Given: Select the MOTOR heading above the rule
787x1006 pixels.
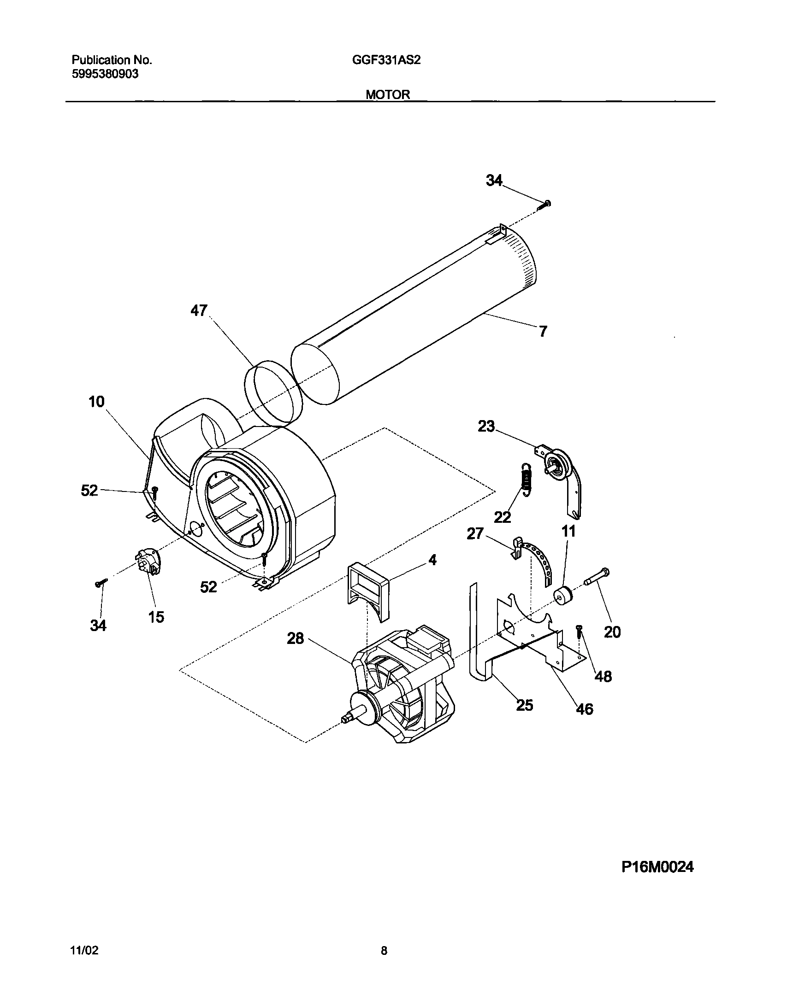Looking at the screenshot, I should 388,94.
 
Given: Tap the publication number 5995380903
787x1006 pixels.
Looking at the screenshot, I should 105,74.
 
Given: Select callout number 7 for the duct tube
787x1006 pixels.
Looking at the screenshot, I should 543,331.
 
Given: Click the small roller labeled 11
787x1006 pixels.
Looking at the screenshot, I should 563,596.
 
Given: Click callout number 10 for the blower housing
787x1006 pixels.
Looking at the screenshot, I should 97,402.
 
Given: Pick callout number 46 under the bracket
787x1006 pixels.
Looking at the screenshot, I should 585,709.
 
